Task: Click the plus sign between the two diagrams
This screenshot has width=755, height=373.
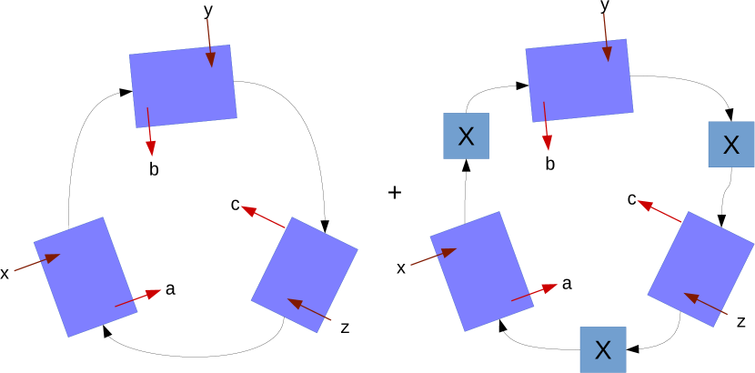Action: coord(395,193)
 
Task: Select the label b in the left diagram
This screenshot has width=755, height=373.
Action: coord(153,168)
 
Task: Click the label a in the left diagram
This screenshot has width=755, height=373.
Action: coord(170,290)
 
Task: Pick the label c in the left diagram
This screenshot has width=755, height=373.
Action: coord(235,206)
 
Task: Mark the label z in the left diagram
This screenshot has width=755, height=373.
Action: coord(345,328)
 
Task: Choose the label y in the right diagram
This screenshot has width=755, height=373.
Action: coord(604,7)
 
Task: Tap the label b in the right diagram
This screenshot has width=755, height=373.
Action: coord(549,164)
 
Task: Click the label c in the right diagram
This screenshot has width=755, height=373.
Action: coord(631,199)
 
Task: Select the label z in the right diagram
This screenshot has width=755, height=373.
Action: coord(741,321)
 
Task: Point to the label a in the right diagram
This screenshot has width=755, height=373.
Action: coord(567,284)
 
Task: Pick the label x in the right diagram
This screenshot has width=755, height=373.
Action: coord(401,267)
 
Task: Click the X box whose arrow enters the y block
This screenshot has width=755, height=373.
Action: coord(466,136)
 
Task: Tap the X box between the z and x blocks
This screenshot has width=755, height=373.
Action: coord(602,349)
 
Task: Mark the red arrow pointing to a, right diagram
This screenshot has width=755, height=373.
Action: coord(534,292)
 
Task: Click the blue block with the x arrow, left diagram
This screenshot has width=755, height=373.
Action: coord(85,276)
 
